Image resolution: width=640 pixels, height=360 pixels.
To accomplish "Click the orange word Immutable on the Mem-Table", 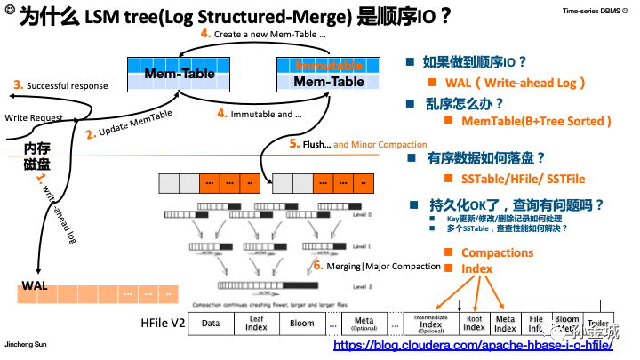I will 329,66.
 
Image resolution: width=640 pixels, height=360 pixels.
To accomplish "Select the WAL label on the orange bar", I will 35,285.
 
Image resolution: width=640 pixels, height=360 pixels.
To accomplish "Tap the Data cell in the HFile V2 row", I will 211,324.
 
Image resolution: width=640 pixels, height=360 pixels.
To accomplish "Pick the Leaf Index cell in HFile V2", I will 256,324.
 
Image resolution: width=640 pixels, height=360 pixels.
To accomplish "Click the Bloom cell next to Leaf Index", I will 302,324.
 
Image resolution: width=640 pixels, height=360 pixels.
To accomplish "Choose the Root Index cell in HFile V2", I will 474,324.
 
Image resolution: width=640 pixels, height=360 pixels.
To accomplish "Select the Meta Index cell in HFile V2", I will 505,324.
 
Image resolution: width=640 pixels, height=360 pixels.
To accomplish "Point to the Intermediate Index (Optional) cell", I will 430,324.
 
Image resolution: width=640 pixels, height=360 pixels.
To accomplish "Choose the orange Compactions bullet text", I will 497,252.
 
